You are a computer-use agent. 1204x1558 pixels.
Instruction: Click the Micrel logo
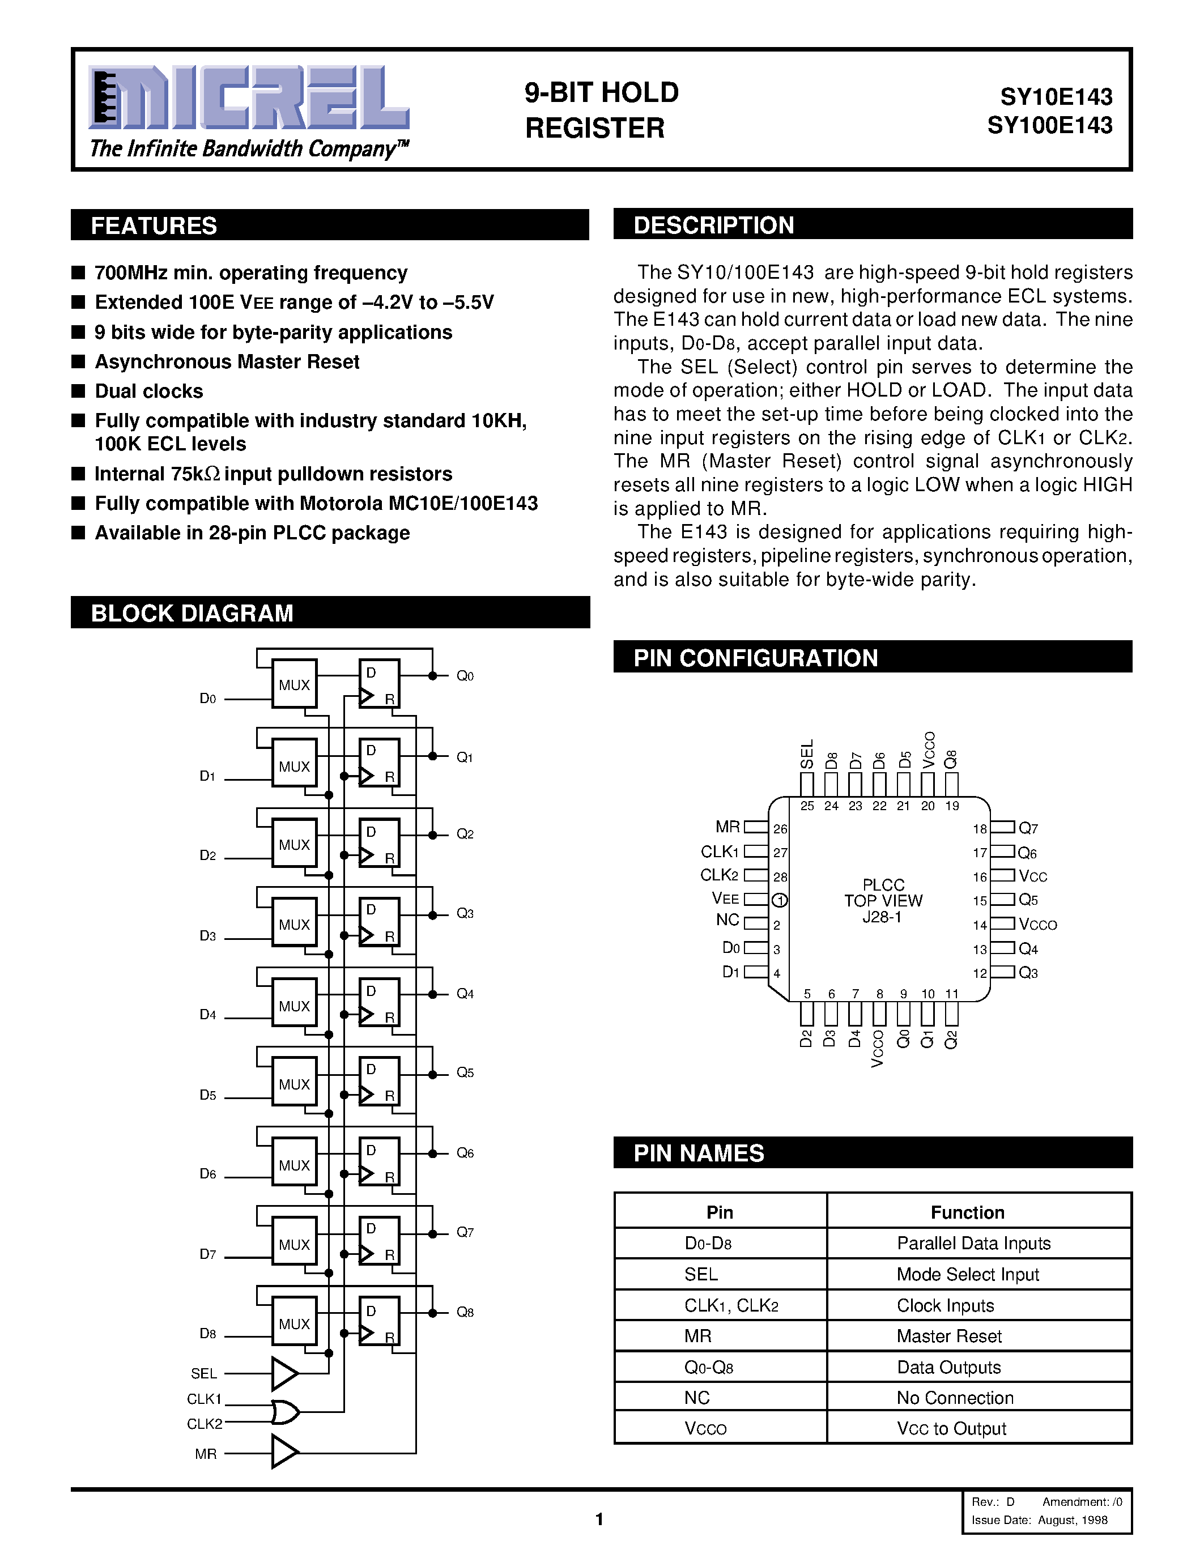click(x=248, y=99)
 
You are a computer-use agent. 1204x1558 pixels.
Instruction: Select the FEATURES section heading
click(x=154, y=225)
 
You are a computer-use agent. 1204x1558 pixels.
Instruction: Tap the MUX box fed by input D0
click(x=294, y=684)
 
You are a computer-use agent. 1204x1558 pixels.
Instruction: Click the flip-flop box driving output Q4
click(x=378, y=1002)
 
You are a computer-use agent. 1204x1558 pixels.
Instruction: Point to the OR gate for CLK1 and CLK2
click(x=284, y=1411)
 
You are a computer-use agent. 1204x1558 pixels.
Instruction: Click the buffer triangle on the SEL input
click(x=284, y=1373)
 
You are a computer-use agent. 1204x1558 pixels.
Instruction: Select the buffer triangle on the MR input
click(x=284, y=1453)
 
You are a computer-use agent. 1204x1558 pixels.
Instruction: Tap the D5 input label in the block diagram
click(x=207, y=1095)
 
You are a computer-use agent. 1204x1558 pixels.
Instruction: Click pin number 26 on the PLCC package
click(x=780, y=829)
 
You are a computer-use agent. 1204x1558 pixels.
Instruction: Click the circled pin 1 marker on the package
click(x=780, y=900)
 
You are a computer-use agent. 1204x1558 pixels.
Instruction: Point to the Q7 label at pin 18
click(x=1028, y=828)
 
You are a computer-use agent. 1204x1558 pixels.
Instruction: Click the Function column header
click(x=967, y=1212)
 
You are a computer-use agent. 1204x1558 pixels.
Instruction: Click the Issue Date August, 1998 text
click(x=1039, y=1519)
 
